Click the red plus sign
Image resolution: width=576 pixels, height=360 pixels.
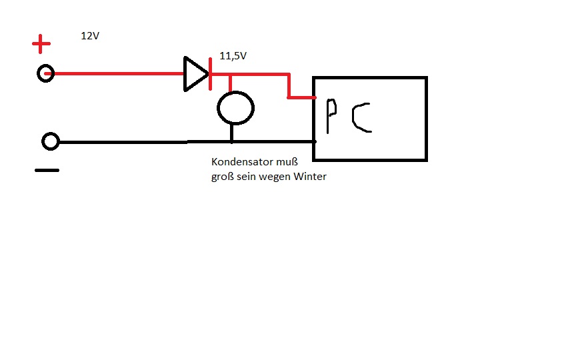pos(41,45)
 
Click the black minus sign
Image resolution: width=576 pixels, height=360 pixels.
pos(47,170)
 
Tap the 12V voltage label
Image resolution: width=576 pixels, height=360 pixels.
pos(90,36)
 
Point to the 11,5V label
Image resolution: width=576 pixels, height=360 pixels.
pos(233,57)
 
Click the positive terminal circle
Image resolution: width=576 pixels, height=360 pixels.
pos(45,73)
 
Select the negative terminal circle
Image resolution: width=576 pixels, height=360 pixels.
pos(51,141)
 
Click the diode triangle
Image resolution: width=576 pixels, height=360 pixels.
pos(195,73)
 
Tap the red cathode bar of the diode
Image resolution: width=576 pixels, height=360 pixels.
pos(211,73)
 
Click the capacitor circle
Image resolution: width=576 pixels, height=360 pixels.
pos(236,107)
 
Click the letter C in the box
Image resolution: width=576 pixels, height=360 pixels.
pos(363,117)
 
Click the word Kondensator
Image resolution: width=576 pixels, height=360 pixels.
pos(240,162)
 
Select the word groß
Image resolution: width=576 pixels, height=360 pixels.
pos(223,177)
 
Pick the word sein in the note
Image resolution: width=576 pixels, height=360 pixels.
pos(247,177)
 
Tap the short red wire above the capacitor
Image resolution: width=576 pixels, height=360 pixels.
pos(231,83)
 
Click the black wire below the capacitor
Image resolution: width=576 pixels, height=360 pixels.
pos(231,133)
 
